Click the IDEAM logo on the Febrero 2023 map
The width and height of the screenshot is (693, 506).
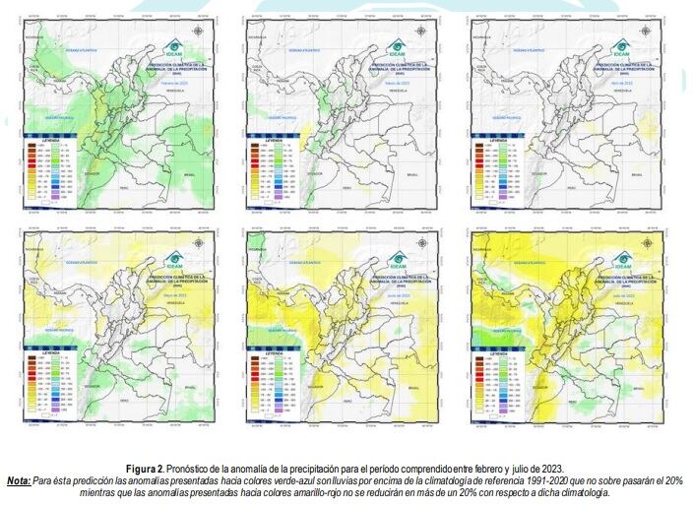click(175, 47)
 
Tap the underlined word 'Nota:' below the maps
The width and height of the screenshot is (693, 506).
click(18, 480)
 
